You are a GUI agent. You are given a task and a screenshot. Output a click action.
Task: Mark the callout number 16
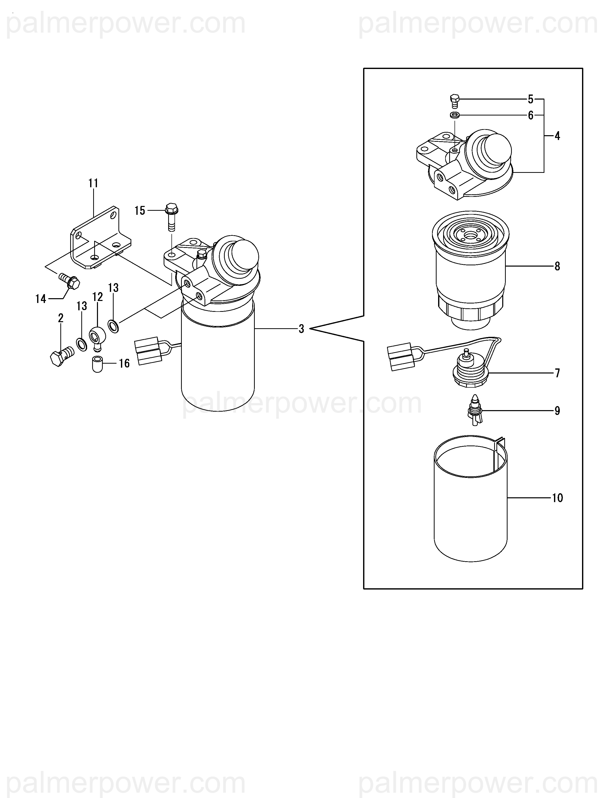[x=124, y=363]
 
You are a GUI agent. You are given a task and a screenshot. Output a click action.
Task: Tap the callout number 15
[x=140, y=210]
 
